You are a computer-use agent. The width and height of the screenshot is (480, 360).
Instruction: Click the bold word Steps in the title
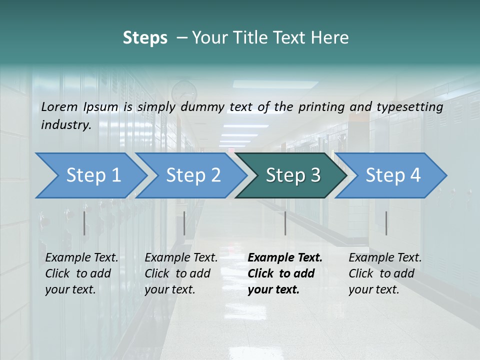[145, 37]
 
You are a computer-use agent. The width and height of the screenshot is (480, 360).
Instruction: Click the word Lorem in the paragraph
[59, 106]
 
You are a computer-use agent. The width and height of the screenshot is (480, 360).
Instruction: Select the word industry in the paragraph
[66, 124]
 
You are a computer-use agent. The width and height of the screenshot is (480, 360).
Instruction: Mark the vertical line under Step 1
[84, 223]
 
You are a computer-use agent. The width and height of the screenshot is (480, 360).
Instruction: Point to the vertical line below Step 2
[184, 223]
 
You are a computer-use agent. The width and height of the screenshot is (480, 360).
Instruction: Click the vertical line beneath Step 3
[285, 223]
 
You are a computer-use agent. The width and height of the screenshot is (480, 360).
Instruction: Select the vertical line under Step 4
[386, 223]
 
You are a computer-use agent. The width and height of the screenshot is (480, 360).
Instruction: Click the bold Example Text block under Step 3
[285, 273]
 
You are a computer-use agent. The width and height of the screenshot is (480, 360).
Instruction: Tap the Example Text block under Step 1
[81, 273]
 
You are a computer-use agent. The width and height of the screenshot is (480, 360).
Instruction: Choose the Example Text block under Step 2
[181, 273]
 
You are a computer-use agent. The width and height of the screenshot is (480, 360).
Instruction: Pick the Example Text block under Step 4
[385, 273]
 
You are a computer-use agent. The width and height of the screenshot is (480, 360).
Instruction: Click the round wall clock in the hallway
[184, 92]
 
